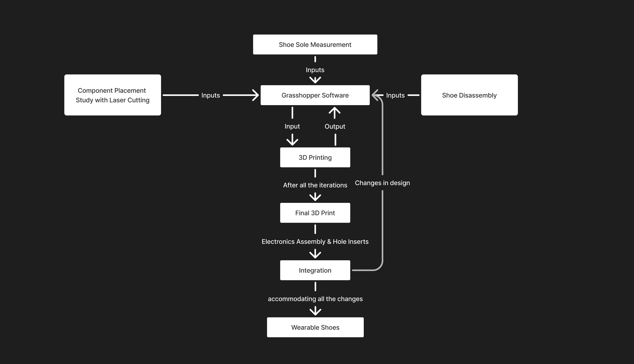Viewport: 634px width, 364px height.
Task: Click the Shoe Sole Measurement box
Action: (315, 44)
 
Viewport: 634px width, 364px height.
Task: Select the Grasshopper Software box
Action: (315, 95)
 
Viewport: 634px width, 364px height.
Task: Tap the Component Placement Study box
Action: (113, 95)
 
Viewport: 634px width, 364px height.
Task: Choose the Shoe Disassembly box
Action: (469, 95)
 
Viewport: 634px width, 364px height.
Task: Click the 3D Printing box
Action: (315, 157)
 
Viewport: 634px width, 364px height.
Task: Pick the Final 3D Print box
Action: (315, 213)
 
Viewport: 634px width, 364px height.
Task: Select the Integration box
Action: (315, 270)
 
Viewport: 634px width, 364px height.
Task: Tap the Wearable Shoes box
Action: (315, 327)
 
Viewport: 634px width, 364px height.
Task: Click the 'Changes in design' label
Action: (382, 183)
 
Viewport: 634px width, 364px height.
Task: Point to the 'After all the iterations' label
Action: (315, 185)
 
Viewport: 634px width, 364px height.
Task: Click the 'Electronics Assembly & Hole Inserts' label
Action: (315, 242)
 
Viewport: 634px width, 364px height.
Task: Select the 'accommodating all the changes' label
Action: (315, 299)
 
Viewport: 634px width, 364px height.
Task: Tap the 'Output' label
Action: (335, 127)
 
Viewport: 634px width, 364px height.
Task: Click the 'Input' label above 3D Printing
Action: (292, 127)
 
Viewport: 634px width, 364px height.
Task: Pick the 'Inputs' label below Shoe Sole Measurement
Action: (315, 70)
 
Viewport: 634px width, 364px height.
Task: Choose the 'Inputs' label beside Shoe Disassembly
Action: (395, 95)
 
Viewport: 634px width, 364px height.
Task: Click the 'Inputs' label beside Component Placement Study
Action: (211, 95)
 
